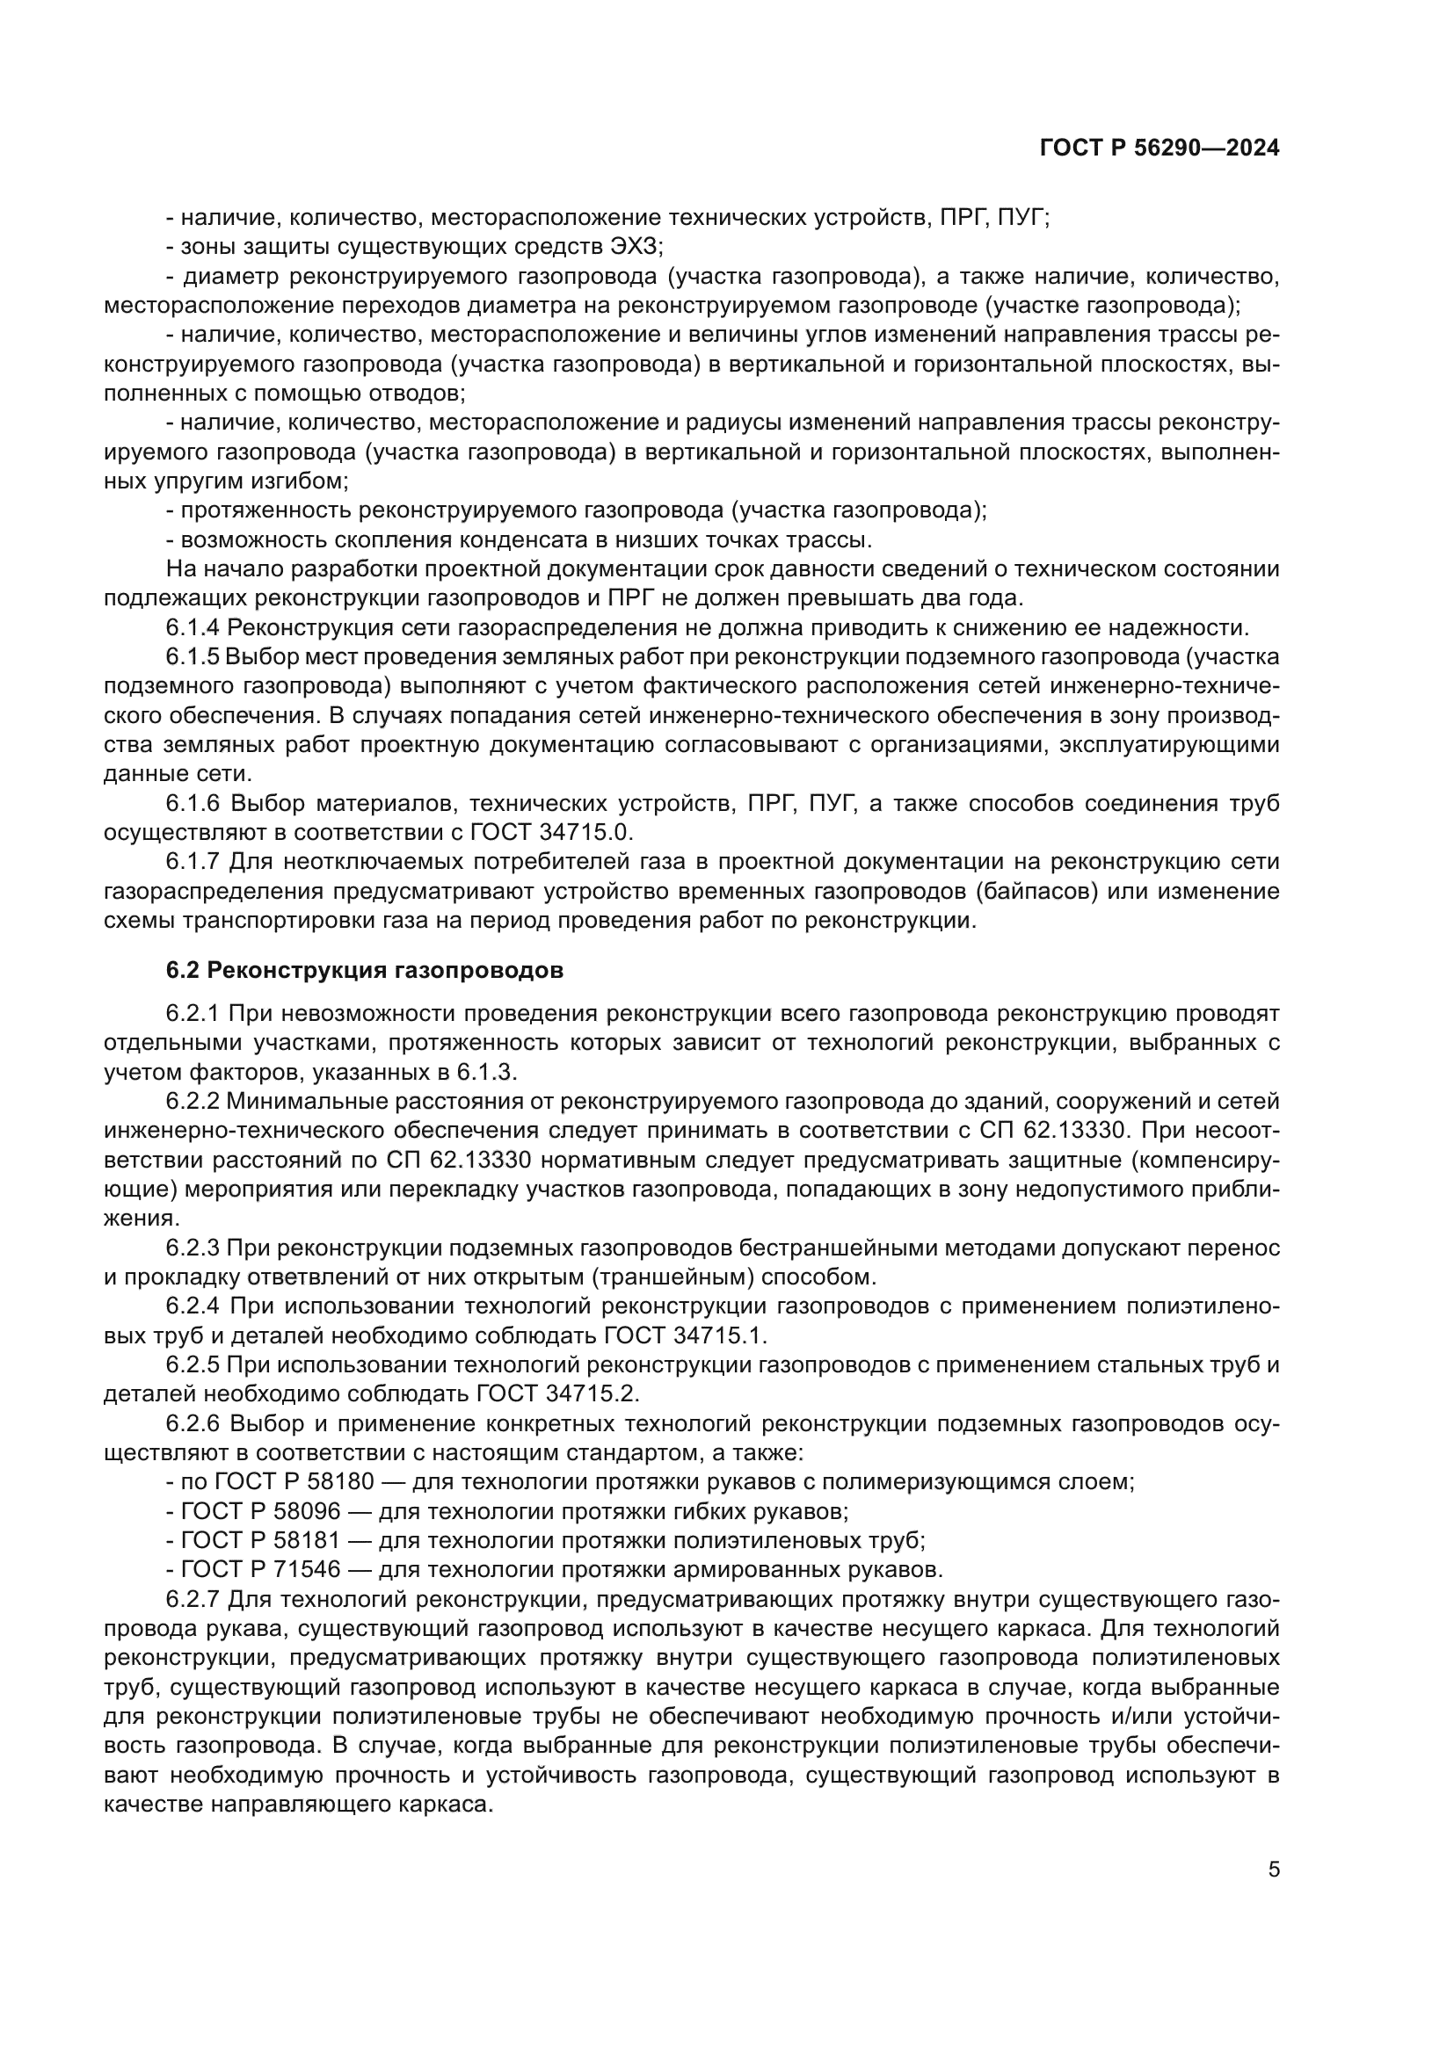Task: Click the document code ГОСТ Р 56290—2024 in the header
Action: tap(1159, 148)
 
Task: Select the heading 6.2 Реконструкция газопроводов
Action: tap(365, 970)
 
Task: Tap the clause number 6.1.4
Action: tap(192, 627)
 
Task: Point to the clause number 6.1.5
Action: tap(192, 657)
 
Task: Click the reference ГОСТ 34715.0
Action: tap(551, 832)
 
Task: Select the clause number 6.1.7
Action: tap(192, 862)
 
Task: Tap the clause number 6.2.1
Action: tap(192, 1013)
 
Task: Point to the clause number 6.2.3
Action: tap(192, 1247)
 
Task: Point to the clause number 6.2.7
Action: tap(192, 1598)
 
